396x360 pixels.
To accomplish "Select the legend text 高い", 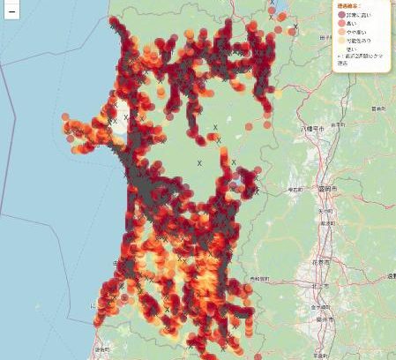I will click(355, 24).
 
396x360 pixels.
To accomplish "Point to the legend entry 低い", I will click(354, 49).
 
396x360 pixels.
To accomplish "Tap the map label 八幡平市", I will click(313, 129).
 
